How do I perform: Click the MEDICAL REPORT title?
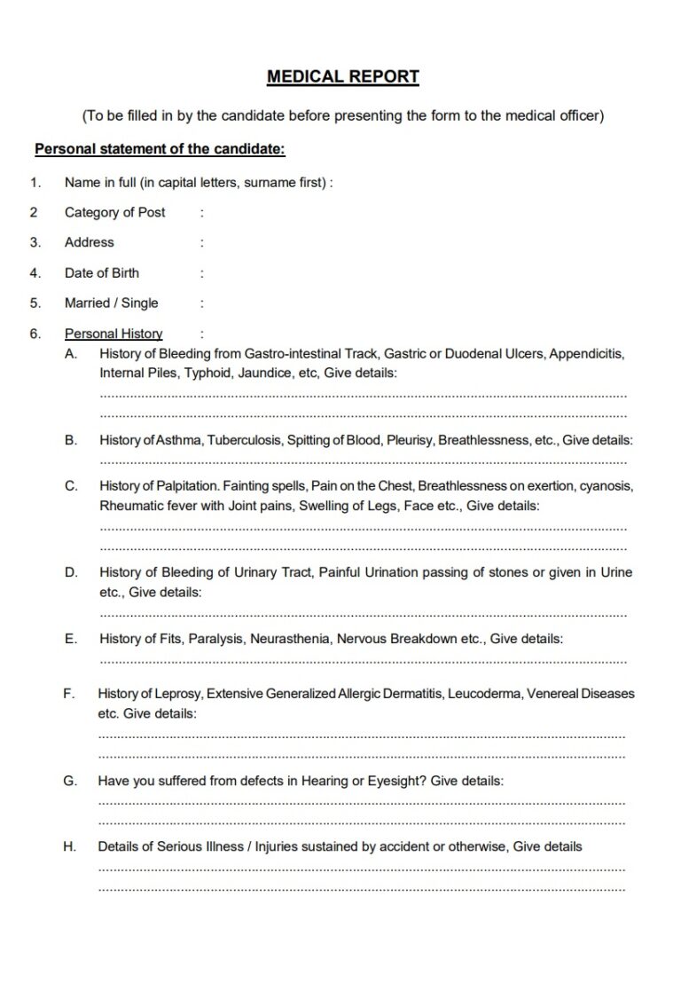[342, 77]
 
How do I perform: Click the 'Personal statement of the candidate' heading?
[160, 149]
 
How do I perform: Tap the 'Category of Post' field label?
[114, 212]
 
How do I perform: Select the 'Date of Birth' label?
[101, 272]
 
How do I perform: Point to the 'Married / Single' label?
[111, 303]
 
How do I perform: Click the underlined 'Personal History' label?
[113, 334]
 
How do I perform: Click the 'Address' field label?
[89, 242]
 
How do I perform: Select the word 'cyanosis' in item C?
[607, 485]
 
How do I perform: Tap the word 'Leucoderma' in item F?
[485, 693]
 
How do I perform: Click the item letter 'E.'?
[70, 638]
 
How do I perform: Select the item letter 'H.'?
[69, 846]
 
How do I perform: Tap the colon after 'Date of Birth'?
[202, 273]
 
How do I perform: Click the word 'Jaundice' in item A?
[266, 374]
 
